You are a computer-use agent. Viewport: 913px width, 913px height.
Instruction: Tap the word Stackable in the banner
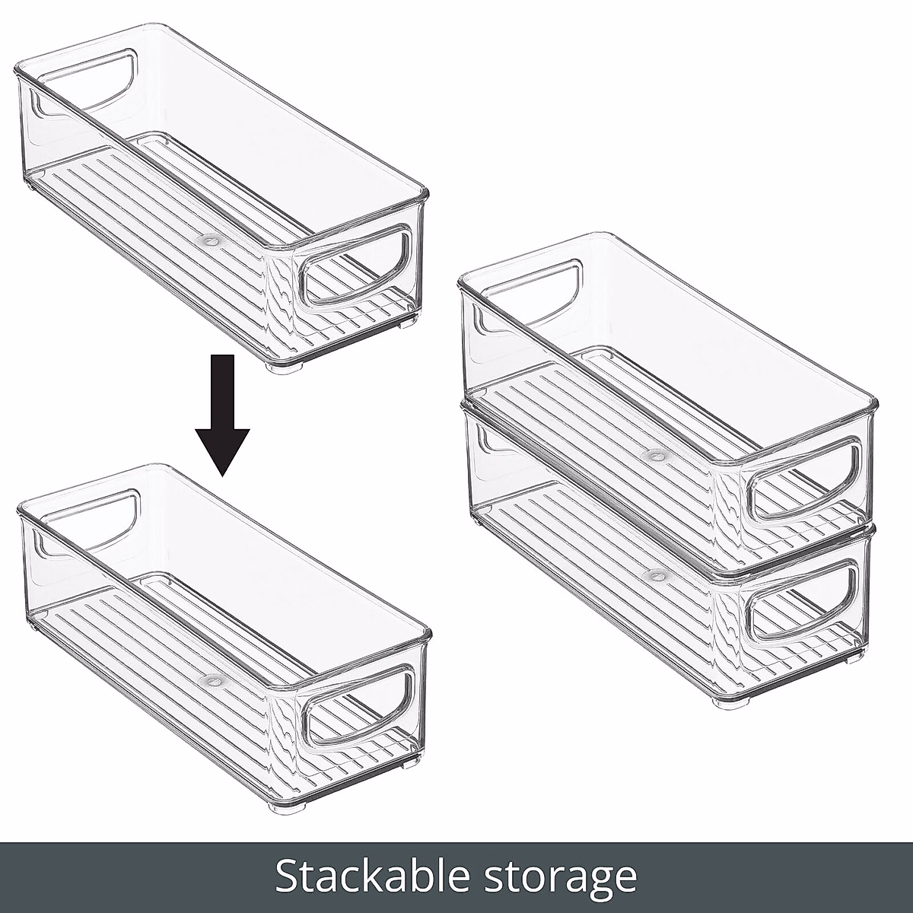375,876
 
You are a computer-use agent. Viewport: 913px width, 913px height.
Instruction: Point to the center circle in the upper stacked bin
653,455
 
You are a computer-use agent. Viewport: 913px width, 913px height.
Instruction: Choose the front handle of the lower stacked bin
804,600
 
